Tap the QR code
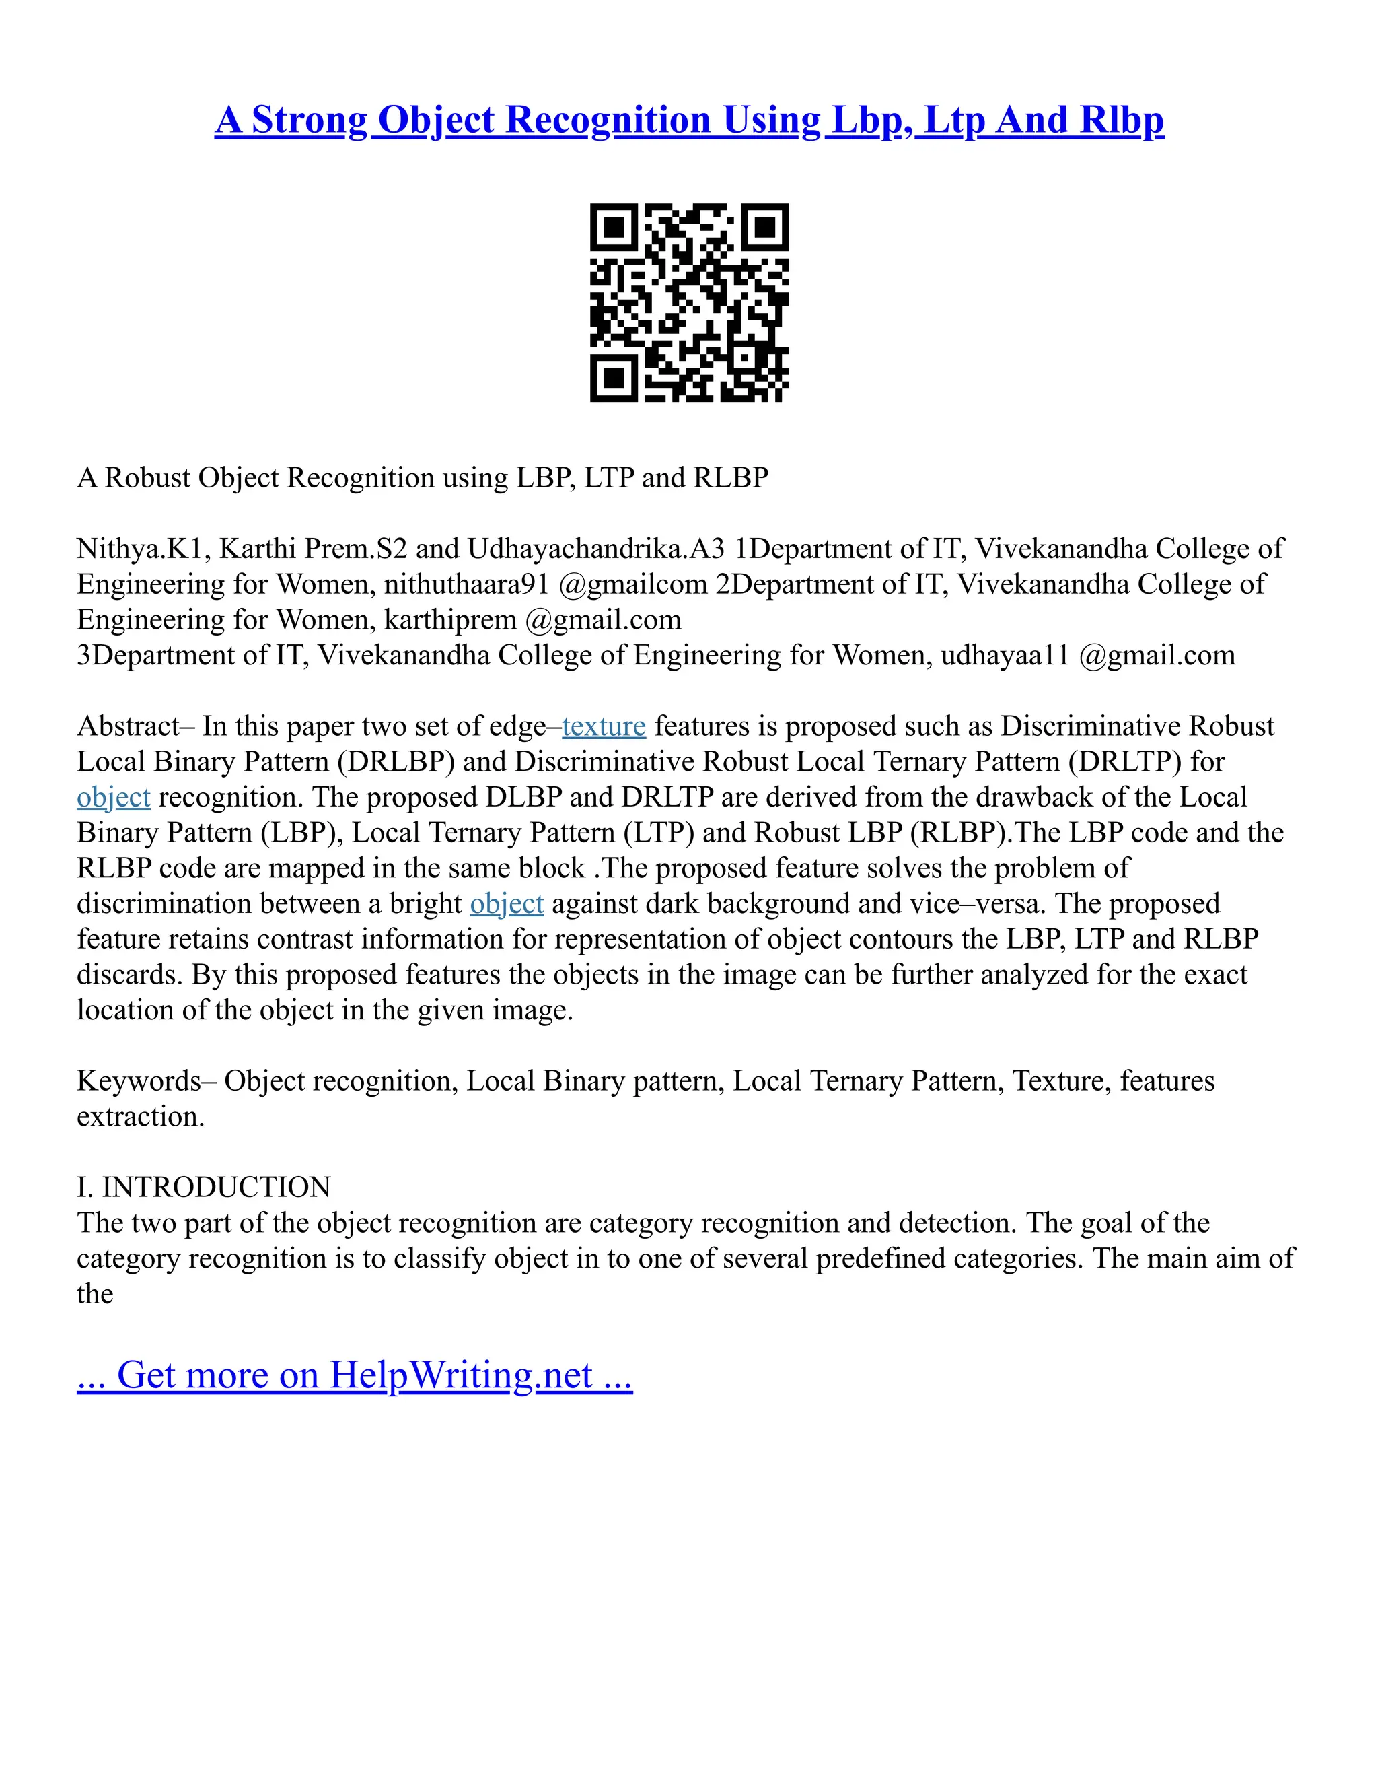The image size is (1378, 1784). click(x=689, y=302)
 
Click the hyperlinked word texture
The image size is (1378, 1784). click(x=604, y=726)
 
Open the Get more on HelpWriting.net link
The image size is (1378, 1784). click(x=355, y=1375)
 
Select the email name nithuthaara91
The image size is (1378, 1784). click(x=467, y=584)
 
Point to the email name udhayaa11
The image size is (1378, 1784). click(x=1004, y=655)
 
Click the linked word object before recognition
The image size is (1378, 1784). click(x=114, y=797)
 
